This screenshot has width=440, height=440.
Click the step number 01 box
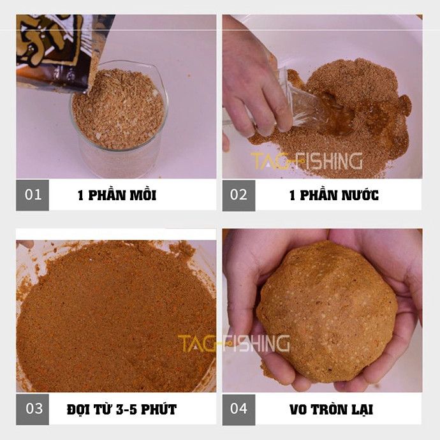click(33, 195)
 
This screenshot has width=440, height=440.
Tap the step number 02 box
click(238, 195)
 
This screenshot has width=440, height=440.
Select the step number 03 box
click(33, 409)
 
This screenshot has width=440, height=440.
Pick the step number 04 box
click(238, 409)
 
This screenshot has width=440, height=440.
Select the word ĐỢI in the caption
click(80, 409)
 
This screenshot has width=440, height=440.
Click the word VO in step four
click(298, 409)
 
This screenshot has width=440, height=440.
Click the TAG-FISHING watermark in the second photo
click(306, 161)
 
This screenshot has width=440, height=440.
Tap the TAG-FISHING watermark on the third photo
click(233, 343)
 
